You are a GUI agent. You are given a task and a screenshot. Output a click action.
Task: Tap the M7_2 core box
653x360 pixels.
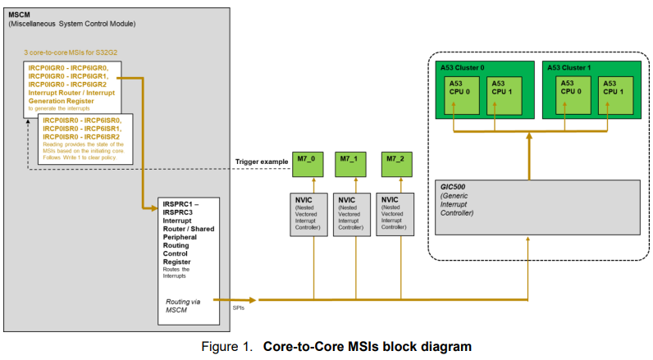(x=395, y=163)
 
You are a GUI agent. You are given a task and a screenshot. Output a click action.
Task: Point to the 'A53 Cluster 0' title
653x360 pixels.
(x=459, y=67)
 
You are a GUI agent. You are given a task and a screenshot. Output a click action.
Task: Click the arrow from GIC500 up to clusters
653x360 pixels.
(x=528, y=156)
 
